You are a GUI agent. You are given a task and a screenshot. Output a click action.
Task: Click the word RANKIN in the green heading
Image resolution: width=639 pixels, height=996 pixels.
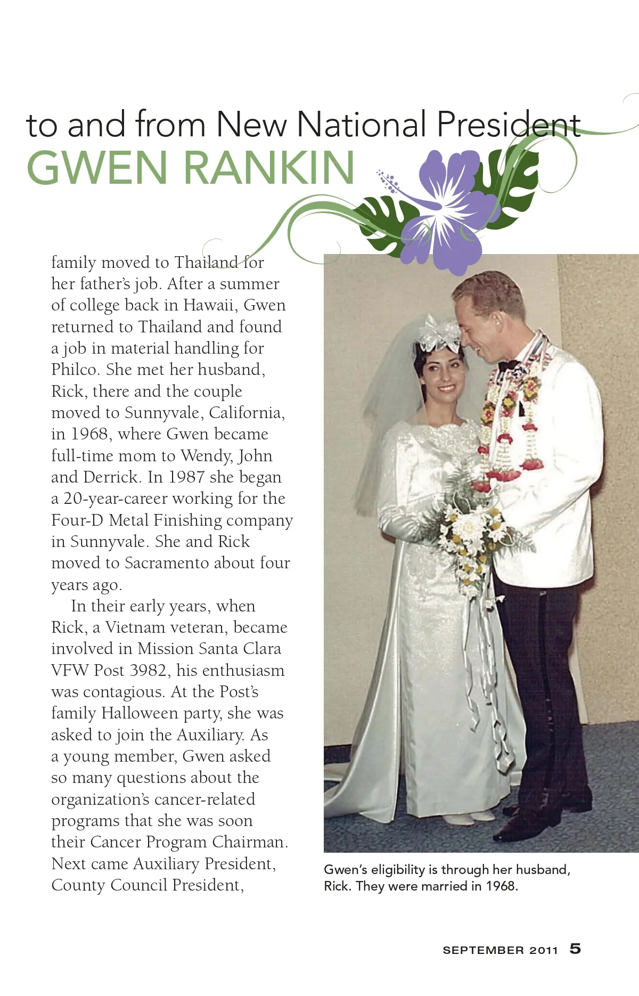coord(269,167)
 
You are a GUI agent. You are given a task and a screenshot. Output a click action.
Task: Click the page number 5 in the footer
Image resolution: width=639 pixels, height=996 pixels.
coord(575,949)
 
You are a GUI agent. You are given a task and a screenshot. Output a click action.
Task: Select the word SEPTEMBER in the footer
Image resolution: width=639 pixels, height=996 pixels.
coord(483,950)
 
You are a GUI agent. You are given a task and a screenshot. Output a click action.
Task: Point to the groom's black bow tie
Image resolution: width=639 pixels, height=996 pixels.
coord(507,366)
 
